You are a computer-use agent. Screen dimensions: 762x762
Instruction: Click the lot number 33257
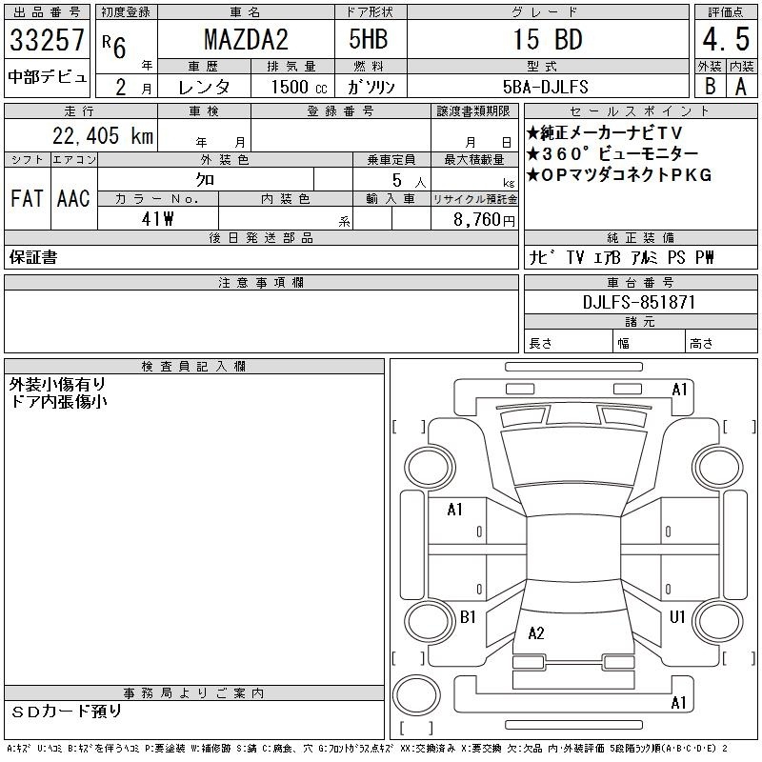47,39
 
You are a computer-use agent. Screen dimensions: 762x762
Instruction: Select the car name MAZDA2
246,39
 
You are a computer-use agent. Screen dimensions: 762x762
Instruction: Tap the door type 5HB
369,39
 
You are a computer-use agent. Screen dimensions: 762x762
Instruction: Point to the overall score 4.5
726,39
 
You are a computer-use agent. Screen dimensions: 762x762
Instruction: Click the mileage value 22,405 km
103,135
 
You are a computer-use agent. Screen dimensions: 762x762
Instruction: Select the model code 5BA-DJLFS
545,87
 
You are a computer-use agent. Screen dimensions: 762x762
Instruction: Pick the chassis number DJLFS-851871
639,302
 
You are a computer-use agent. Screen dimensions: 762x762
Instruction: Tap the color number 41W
157,219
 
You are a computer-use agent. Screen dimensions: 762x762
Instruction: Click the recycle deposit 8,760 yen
484,219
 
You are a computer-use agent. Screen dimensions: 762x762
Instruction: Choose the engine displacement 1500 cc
299,87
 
